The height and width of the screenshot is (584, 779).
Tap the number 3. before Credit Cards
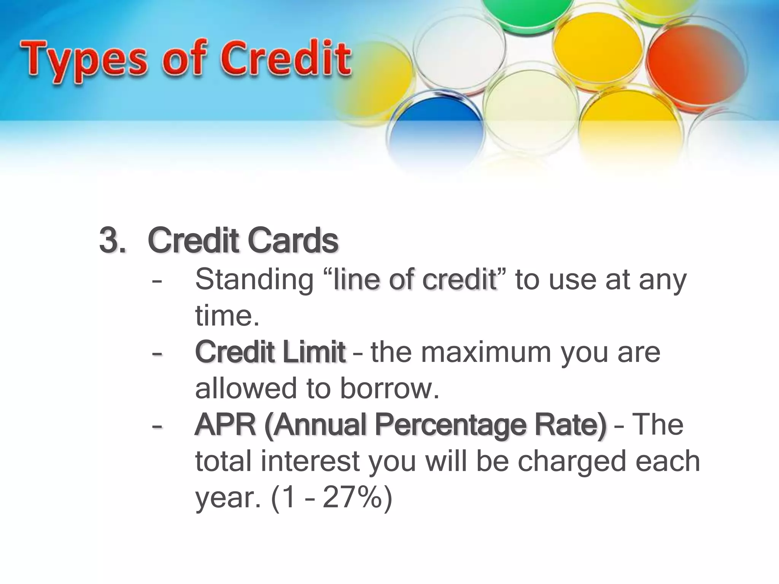(112, 241)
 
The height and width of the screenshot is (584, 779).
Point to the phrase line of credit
(415, 279)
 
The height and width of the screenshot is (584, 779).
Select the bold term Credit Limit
(270, 352)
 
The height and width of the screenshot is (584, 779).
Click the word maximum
(486, 352)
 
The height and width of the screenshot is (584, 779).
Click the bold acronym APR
(225, 425)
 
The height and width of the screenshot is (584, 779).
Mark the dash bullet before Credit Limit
(156, 353)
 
